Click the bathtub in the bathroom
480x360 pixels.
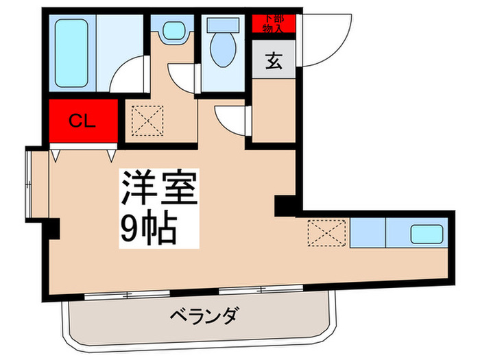(73, 50)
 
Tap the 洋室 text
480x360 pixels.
(160, 187)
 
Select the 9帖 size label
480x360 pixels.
(149, 227)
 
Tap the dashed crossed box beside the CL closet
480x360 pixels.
(145, 121)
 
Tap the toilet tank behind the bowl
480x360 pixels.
(222, 24)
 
